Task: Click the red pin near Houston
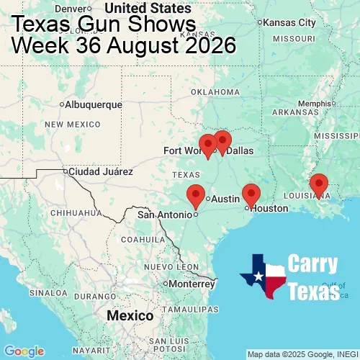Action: [251, 194]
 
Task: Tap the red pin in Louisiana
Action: [319, 184]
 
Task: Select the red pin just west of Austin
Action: [195, 194]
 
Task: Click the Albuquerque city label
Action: [93, 104]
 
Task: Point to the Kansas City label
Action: [289, 22]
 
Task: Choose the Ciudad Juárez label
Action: [100, 171]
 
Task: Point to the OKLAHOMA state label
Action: [215, 92]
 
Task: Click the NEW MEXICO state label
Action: [72, 125]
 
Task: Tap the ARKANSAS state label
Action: [295, 112]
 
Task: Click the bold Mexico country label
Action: [130, 316]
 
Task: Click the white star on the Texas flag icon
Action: [257, 276]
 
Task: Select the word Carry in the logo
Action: [312, 264]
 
